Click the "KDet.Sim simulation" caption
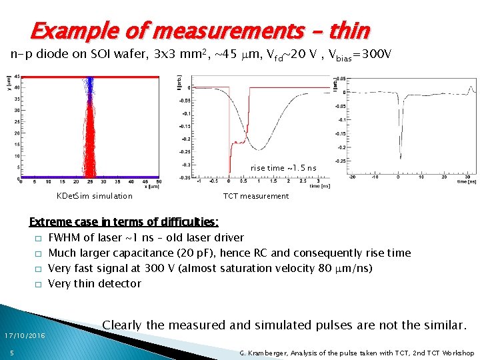click(x=95, y=196)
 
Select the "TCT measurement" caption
click(x=256, y=196)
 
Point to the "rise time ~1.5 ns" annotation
click(x=283, y=167)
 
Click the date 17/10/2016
click(x=23, y=335)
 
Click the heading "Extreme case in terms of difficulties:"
click(x=123, y=222)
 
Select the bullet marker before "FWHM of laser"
click(x=39, y=238)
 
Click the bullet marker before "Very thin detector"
click(x=39, y=284)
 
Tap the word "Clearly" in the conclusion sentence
click(x=122, y=325)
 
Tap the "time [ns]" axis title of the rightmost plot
click(x=467, y=181)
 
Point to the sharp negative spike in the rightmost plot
click(x=399, y=157)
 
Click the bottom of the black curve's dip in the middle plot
click(x=266, y=147)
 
